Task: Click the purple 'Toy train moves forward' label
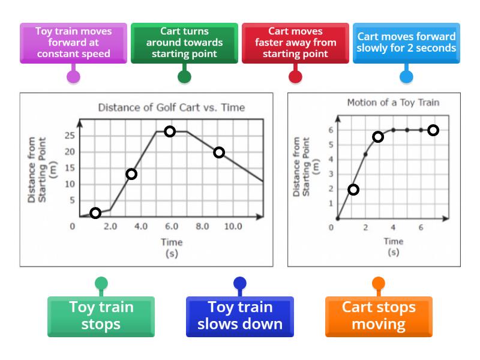[73, 42]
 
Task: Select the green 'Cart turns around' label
[184, 42]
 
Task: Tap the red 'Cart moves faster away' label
[295, 42]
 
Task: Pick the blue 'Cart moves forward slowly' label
[406, 42]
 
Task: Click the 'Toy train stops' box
[101, 316]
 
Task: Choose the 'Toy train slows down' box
[240, 316]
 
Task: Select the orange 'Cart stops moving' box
[379, 316]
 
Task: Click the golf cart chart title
[171, 108]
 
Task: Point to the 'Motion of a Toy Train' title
[393, 103]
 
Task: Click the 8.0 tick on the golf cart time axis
[202, 226]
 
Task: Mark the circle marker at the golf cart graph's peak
[170, 131]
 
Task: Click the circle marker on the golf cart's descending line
[219, 152]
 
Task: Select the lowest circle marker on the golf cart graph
[95, 213]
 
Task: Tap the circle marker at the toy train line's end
[433, 130]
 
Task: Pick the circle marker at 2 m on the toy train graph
[353, 190]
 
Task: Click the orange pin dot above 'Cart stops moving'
[379, 283]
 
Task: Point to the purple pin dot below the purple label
[73, 76]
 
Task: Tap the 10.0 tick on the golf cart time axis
[233, 226]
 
